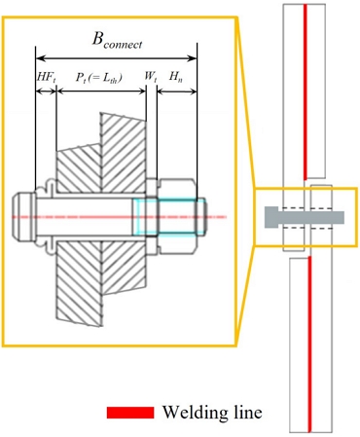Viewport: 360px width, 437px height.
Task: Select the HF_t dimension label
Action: (x=45, y=77)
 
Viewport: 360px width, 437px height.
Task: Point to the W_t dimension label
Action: (x=151, y=77)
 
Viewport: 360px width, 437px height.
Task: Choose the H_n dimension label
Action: (x=177, y=77)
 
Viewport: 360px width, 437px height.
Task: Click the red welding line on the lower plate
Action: (x=308, y=341)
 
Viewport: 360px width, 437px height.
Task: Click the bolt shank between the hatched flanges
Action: (x=92, y=215)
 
